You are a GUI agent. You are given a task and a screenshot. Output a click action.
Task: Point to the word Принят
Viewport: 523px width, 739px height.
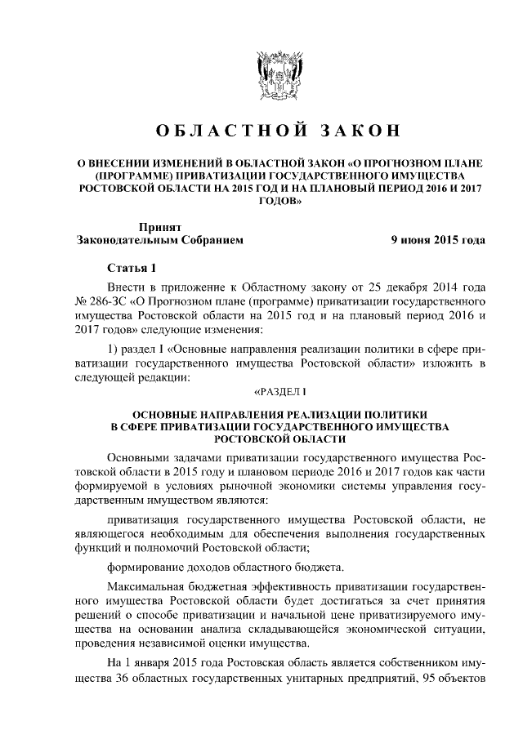(x=159, y=228)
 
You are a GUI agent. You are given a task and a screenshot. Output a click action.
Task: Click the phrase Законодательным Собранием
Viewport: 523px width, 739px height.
(x=159, y=241)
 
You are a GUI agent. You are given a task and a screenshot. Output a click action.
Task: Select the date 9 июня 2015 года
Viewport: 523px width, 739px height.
(x=437, y=241)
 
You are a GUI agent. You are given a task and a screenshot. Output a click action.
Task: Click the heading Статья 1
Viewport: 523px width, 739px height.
(x=130, y=269)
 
